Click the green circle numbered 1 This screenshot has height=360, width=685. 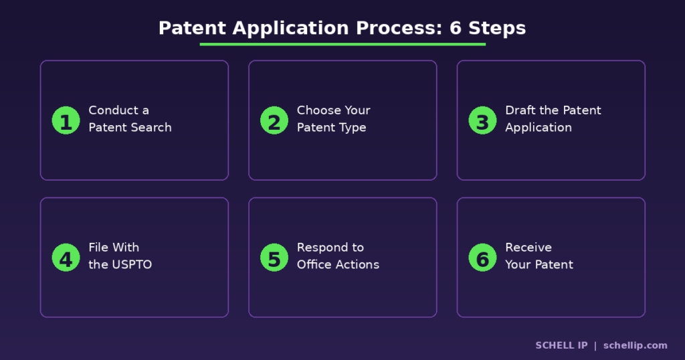pos(66,120)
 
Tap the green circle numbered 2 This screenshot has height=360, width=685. pos(274,120)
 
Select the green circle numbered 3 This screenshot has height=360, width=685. pos(482,120)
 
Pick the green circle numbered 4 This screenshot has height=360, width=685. pos(66,258)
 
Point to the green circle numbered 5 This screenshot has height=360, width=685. pos(274,258)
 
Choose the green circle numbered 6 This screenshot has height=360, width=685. pos(482,258)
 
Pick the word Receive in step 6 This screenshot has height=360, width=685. pos(528,248)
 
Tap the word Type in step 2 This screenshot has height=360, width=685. pos(353,128)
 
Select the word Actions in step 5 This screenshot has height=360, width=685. pos(358,265)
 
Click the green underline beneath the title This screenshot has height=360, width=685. pos(342,44)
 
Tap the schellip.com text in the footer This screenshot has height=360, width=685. pos(635,345)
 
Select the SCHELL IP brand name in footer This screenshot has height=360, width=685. pos(561,345)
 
